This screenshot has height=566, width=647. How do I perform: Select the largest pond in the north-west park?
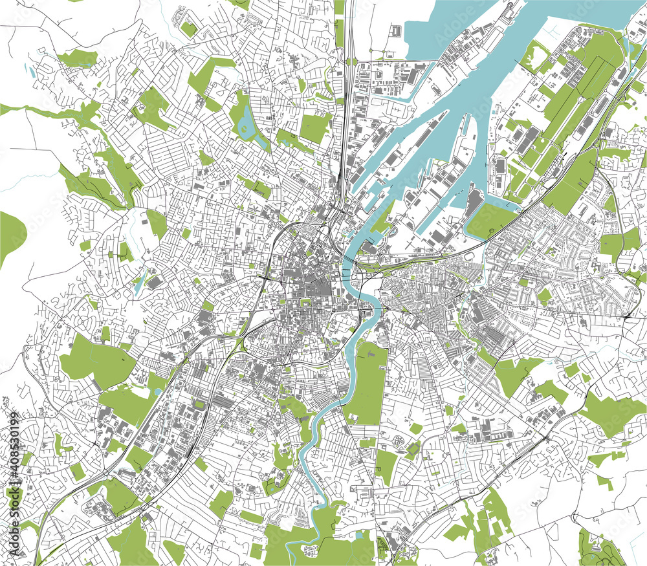[x=247, y=120]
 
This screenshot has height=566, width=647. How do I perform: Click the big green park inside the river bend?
[x=366, y=382]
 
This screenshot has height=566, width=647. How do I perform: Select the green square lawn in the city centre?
[x=303, y=301]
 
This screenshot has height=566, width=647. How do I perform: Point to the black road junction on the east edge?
[x=630, y=315]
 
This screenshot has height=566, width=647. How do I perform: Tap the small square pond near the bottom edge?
[x=360, y=536]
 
